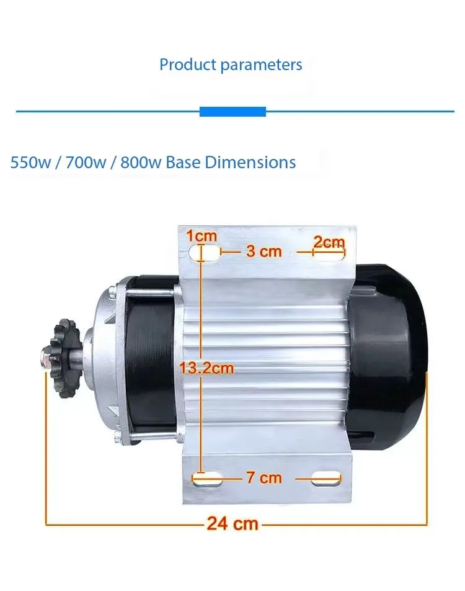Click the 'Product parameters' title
click(x=231, y=65)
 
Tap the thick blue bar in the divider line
click(x=232, y=112)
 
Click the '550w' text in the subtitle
click(x=30, y=163)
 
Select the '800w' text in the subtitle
click(x=141, y=163)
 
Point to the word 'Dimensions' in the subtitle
click(x=250, y=163)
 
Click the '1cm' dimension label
click(x=202, y=237)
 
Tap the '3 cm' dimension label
click(x=264, y=251)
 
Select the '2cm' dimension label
click(x=329, y=242)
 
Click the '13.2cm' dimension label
click(x=206, y=368)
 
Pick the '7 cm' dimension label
click(x=264, y=478)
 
